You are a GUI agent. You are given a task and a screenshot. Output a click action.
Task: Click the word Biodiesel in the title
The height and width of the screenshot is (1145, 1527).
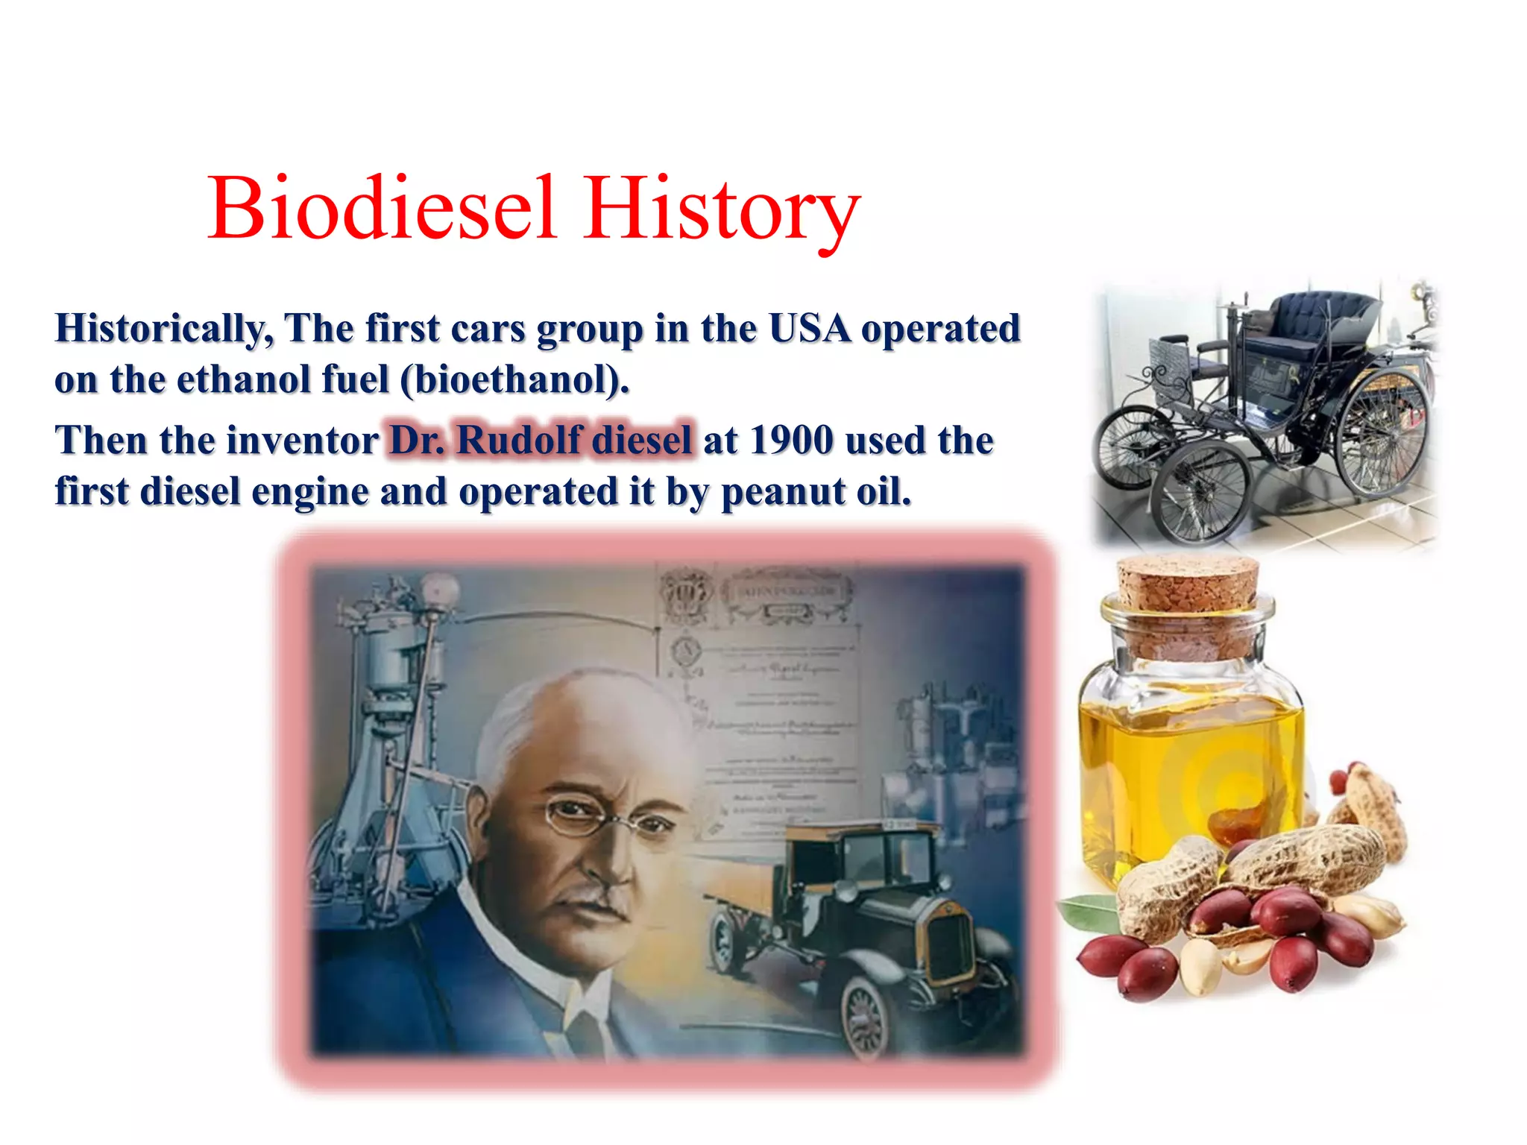[x=382, y=209]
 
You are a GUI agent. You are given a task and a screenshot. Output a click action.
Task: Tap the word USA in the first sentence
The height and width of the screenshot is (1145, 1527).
[x=809, y=328]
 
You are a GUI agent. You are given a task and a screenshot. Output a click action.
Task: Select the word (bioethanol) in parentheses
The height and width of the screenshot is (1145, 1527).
[x=514, y=380]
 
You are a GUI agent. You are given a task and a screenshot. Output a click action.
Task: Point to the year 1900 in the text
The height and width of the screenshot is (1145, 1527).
[x=791, y=440]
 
